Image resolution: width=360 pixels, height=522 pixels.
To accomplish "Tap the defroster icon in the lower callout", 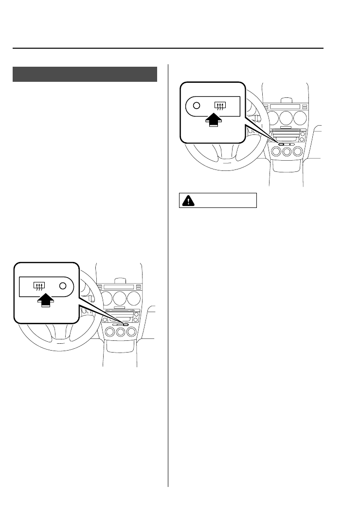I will tap(37, 286).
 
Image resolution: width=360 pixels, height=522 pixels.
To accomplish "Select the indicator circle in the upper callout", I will tap(196, 105).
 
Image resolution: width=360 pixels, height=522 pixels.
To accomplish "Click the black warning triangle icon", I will tap(187, 200).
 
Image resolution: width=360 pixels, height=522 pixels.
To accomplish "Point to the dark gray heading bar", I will tap(85, 74).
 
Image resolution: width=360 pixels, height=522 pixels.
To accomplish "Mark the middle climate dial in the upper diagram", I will tap(287, 152).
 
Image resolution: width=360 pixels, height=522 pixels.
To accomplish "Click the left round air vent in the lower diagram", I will tap(105, 298).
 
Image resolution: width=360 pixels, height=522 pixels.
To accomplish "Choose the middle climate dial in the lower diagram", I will tap(120, 332).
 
